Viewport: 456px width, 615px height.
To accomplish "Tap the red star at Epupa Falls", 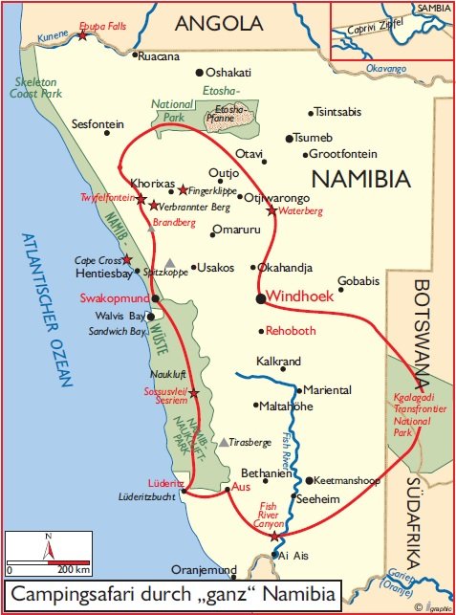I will pos(83,34).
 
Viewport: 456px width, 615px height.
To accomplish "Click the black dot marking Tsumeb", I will pos(289,139).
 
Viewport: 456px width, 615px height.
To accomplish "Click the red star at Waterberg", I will pos(271,210).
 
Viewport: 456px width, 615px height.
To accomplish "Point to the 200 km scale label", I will pos(73,570).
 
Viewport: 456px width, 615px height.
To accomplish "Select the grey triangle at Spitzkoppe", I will pos(169,263).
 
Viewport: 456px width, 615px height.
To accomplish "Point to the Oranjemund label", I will pos(202,570).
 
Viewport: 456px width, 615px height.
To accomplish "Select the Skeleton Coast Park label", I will pos(35,86).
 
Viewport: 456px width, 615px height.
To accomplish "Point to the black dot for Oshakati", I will pos(200,72).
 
